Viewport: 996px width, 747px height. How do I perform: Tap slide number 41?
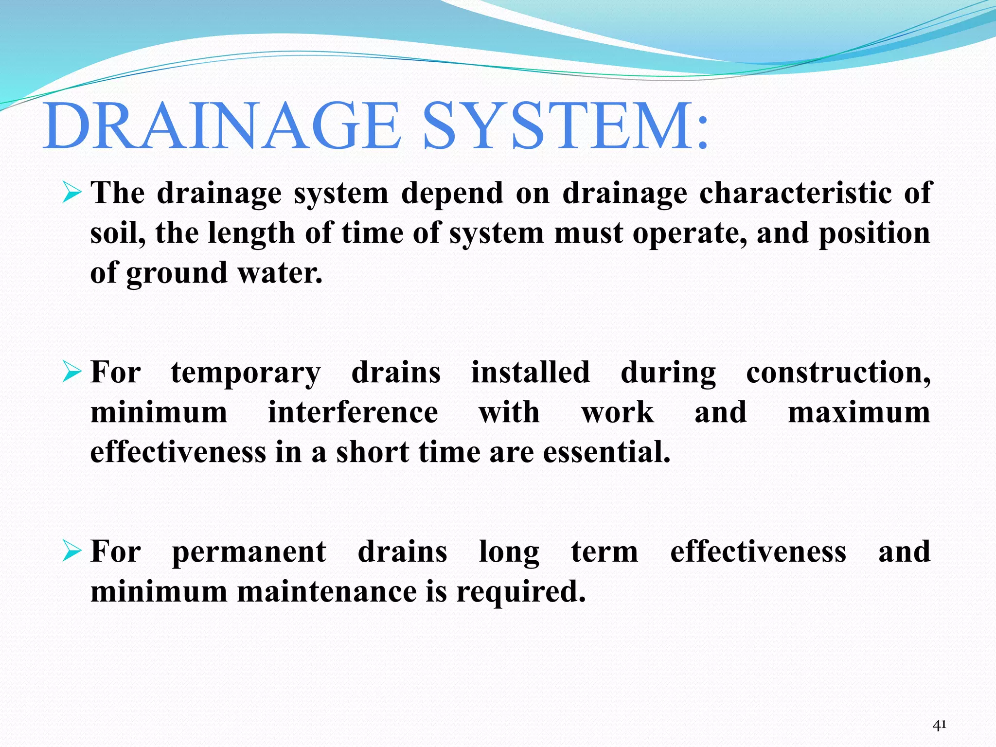[940, 725]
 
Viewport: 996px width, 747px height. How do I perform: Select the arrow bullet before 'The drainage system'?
[71, 193]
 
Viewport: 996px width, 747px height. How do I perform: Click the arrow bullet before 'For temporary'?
[71, 373]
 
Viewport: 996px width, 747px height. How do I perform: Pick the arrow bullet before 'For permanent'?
[71, 552]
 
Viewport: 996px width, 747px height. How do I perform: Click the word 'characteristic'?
[795, 193]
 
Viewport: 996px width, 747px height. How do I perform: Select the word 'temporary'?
[246, 373]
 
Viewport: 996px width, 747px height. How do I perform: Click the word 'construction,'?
[838, 373]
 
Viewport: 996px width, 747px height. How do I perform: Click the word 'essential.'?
[606, 452]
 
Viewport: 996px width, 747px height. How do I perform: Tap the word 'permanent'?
[249, 553]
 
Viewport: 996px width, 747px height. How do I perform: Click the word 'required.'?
[521, 593]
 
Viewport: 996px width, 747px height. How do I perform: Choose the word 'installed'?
[530, 373]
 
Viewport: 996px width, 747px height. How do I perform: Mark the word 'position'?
[874, 234]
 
